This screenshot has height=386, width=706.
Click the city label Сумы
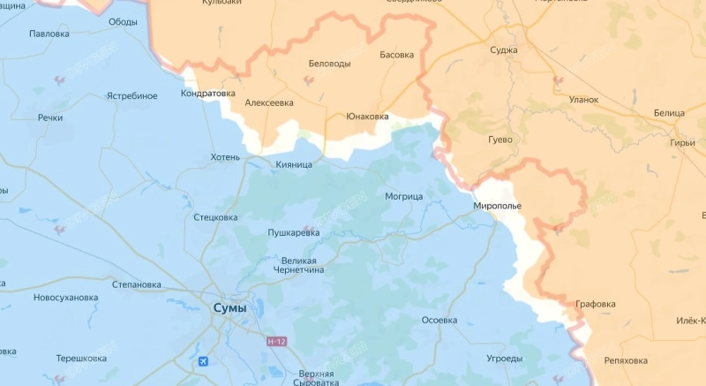[x=229, y=308]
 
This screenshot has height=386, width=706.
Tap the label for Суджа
[x=504, y=50]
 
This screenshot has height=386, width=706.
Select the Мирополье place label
[x=498, y=206]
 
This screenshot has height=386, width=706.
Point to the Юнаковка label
[x=367, y=116]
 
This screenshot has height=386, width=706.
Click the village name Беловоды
[x=329, y=64]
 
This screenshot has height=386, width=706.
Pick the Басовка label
[x=396, y=55]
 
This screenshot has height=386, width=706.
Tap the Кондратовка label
[x=208, y=93]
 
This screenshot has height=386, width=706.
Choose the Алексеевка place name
[x=269, y=103]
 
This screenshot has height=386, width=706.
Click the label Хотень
[x=225, y=157]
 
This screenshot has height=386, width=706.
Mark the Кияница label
[x=294, y=164]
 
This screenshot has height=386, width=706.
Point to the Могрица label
[x=404, y=195]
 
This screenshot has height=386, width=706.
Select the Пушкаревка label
[x=294, y=233]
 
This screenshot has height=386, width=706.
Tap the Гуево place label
[x=499, y=140]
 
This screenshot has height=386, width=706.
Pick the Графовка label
[x=596, y=304]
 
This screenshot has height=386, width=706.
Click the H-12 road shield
[x=277, y=340]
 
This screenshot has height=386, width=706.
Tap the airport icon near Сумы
[x=205, y=361]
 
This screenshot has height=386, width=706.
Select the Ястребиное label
[x=131, y=95]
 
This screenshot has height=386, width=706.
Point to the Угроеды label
[x=504, y=359]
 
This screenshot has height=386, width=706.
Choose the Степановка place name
[x=137, y=284]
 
